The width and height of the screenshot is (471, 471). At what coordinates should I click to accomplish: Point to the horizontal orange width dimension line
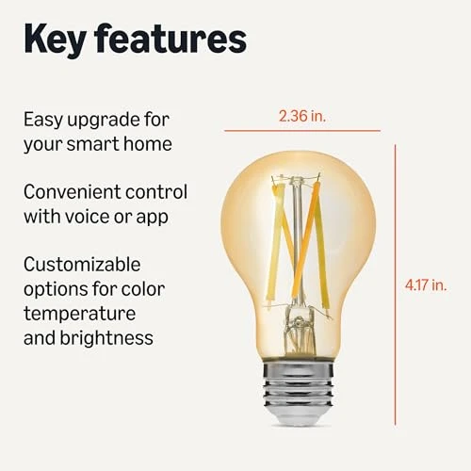302,130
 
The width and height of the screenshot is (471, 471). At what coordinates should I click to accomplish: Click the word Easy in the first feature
42,122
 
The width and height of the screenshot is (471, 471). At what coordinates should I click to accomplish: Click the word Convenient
71,192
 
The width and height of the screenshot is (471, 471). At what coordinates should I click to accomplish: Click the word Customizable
82,265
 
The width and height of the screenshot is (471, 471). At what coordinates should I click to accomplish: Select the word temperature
79,312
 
